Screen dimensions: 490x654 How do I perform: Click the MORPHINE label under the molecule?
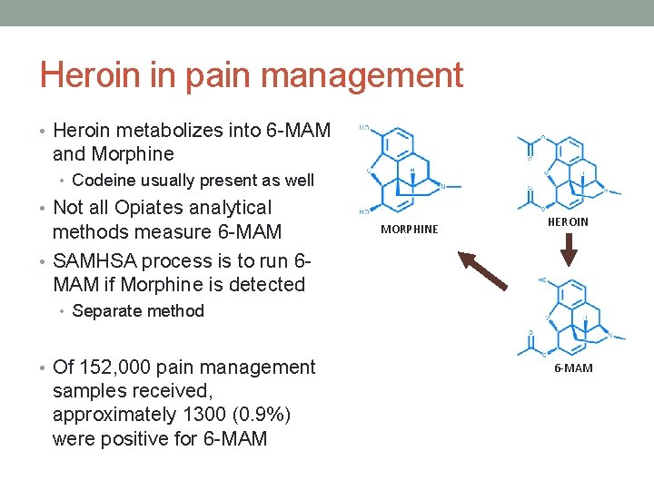coord(409,230)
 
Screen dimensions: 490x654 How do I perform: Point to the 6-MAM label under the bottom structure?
coord(573,367)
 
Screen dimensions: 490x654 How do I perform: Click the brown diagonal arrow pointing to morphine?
coord(483,269)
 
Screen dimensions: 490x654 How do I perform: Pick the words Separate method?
coord(138,311)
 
